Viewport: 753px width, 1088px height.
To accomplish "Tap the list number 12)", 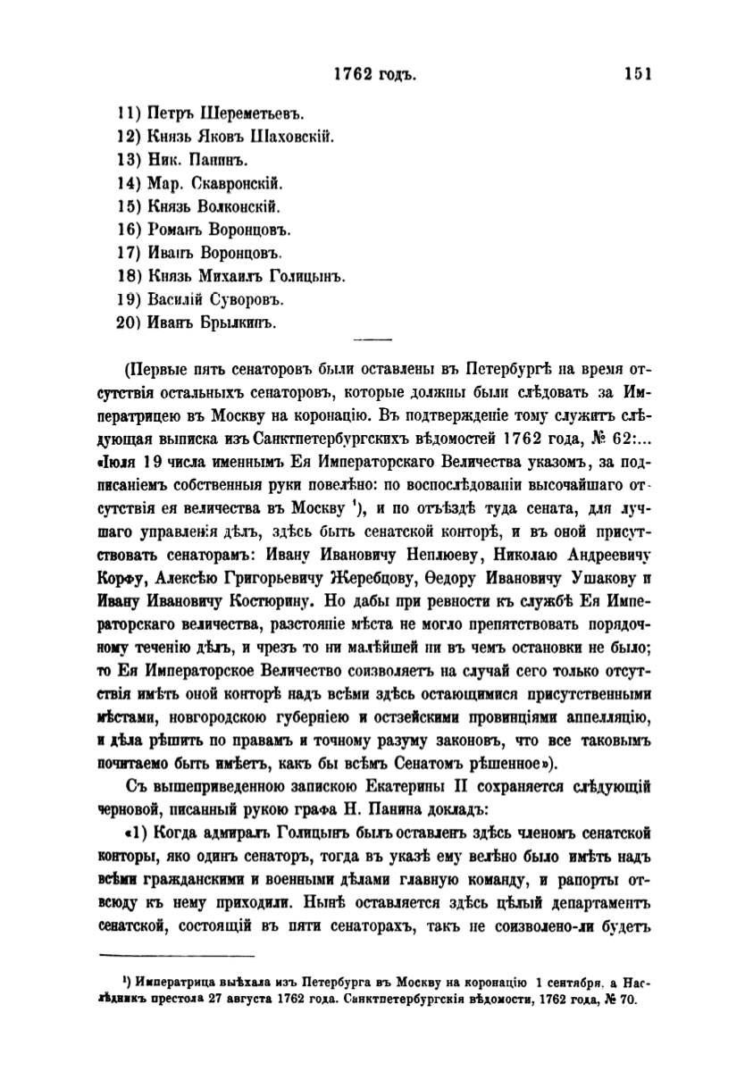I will [x=131, y=138].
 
